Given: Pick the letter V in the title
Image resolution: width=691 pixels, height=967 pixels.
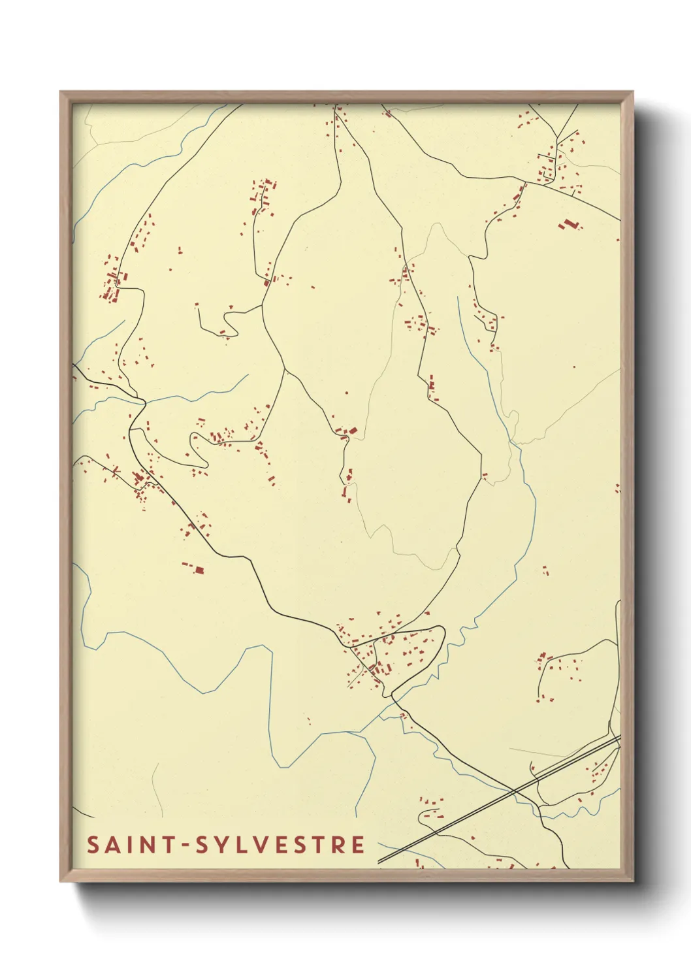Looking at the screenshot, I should (265, 845).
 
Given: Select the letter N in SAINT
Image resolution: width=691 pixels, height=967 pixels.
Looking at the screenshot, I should (148, 845).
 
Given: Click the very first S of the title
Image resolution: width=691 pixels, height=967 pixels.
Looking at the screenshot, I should (93, 845).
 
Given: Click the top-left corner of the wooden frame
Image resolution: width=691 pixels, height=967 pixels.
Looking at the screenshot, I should (61, 92).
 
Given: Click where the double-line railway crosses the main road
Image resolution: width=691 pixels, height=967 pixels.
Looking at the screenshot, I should (514, 792).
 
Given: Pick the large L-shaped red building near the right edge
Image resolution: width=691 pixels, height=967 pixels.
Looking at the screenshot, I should (569, 225).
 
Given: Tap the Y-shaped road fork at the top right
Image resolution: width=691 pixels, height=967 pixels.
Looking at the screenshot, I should (558, 140).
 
